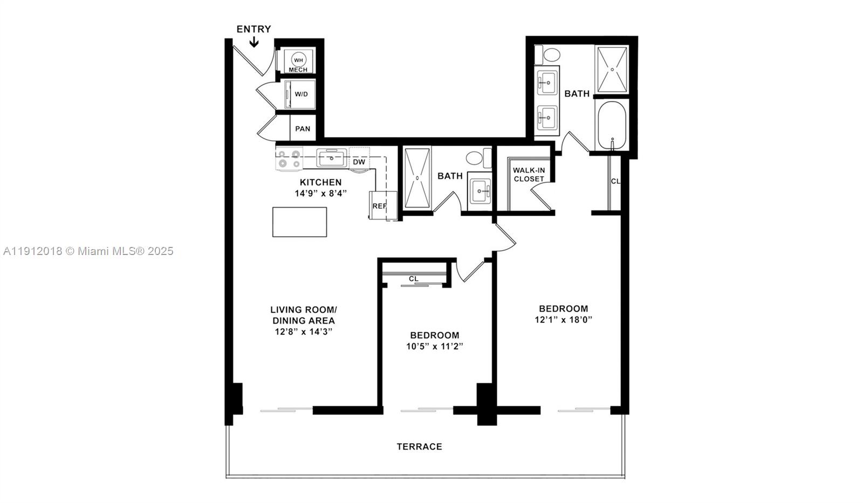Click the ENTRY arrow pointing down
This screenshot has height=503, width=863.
click(254, 42)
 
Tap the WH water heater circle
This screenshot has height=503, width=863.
click(298, 59)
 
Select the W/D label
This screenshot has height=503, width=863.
click(301, 94)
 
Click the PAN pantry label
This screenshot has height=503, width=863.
click(303, 129)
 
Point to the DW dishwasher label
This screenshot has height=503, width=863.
click(359, 162)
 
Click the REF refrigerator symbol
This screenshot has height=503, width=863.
click(380, 206)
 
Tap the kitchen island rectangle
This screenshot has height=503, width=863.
click(299, 222)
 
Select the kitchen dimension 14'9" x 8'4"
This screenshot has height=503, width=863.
click(320, 193)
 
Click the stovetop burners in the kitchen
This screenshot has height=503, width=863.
click(289, 159)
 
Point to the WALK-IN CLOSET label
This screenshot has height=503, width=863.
click(529, 174)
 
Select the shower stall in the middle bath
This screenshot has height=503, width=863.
click(417, 178)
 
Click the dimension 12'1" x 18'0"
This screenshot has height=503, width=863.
click(563, 320)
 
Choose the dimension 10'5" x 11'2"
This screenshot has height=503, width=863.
click(434, 346)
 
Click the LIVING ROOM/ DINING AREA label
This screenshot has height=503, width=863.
click(303, 315)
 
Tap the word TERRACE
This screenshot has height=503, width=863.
click(419, 446)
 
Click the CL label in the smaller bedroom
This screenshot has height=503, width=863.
click(413, 279)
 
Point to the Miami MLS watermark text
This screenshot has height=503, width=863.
click(88, 251)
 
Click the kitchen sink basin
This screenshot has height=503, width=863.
click(331, 159)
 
